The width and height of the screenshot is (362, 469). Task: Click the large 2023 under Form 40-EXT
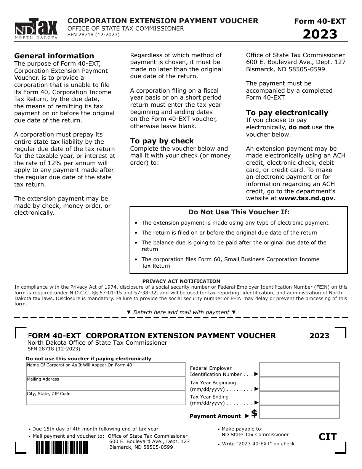click(x=320, y=34)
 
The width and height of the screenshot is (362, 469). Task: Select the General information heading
click(x=54, y=56)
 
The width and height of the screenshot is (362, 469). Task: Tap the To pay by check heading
click(x=162, y=141)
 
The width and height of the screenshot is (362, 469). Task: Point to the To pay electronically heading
click(x=287, y=112)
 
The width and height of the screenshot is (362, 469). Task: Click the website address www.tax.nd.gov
click(x=306, y=198)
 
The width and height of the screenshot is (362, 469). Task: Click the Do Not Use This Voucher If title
click(x=239, y=212)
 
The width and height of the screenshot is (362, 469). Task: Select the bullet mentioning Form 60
click(x=230, y=262)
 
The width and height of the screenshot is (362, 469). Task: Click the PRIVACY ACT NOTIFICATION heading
click(x=181, y=281)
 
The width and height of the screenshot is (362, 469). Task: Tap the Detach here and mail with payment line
click(x=181, y=312)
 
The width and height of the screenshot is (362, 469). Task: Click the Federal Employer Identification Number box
click(x=299, y=369)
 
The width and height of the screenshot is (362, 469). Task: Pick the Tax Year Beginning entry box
click(x=299, y=384)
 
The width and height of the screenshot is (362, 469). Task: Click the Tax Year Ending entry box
click(x=299, y=398)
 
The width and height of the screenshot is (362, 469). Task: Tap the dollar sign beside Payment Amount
click(x=254, y=413)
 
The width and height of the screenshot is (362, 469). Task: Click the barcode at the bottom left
click(x=62, y=447)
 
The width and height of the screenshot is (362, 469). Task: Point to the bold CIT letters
click(x=328, y=437)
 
